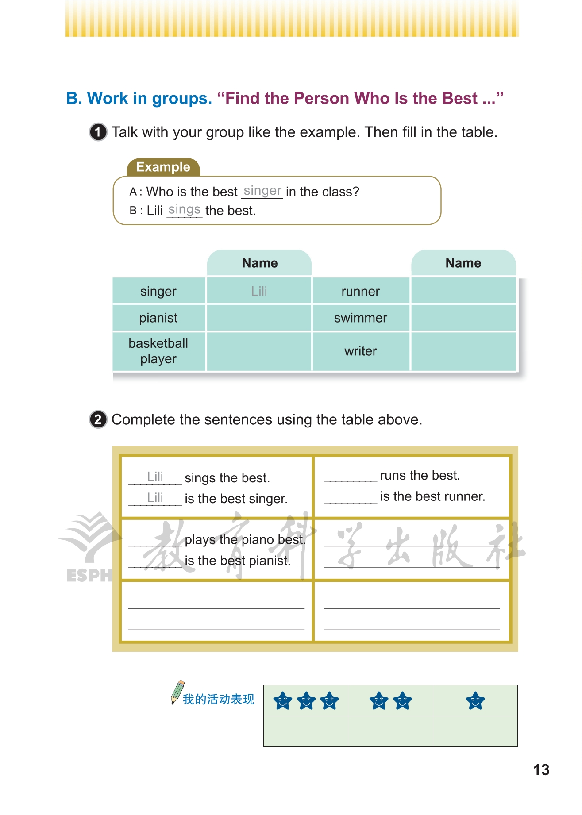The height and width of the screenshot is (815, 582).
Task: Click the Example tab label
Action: (163, 167)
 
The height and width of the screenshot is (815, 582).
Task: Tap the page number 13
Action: (541, 770)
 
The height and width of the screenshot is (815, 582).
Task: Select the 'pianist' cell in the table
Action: (158, 318)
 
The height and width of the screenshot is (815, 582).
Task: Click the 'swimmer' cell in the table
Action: (360, 318)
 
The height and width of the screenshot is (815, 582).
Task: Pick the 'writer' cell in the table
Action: (360, 351)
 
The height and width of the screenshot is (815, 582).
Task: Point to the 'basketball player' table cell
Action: (158, 351)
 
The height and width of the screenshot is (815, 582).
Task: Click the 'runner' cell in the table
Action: (360, 291)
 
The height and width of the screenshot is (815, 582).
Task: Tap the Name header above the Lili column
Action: (260, 263)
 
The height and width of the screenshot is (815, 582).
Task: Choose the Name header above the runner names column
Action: (463, 263)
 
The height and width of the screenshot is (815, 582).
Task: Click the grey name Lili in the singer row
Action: (259, 291)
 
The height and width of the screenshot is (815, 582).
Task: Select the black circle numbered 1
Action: (98, 132)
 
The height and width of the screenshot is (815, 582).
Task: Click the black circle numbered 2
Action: (98, 419)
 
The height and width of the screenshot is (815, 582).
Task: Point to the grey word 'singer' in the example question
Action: (262, 191)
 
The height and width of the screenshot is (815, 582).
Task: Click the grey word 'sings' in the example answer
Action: (185, 209)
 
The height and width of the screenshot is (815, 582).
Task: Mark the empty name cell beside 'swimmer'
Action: (463, 318)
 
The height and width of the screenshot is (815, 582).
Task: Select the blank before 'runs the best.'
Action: (350, 477)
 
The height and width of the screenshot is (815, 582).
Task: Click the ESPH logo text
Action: (89, 575)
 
